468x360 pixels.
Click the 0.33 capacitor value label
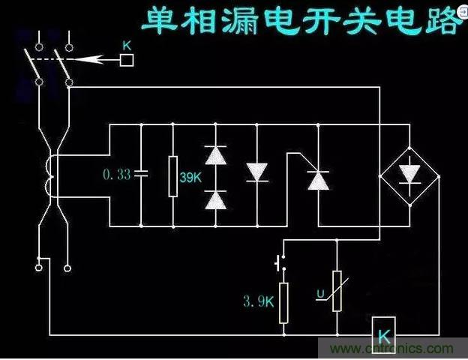[115, 175]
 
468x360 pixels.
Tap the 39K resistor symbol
[173, 175]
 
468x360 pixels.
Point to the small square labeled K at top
[127, 59]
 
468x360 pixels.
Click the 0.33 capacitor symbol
[142, 175]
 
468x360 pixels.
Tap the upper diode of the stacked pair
[216, 155]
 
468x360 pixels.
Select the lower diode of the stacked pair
[216, 199]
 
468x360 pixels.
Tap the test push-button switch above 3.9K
[282, 264]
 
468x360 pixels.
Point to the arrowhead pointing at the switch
[87, 59]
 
